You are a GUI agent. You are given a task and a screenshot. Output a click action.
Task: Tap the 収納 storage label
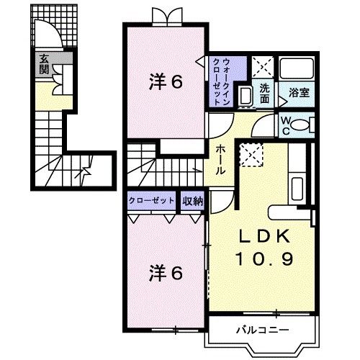tap(192, 201)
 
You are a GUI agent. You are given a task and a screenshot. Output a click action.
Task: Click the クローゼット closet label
tap(153, 201)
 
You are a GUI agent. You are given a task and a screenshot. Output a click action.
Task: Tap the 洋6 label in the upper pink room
tap(165, 82)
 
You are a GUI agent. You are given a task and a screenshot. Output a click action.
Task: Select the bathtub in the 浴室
tap(297, 70)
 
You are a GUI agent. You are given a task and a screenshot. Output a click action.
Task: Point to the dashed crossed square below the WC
tap(251, 153)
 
